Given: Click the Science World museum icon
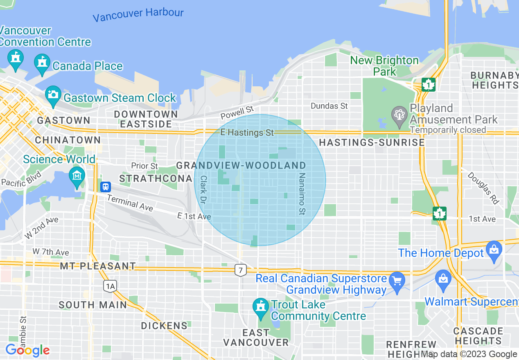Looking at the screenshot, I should [77, 176].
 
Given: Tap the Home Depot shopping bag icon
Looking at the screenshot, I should [494, 250].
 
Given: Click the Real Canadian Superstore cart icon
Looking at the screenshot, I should [397, 281].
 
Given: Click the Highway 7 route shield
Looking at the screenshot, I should [240, 270].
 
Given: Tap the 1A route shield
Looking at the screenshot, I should [110, 286].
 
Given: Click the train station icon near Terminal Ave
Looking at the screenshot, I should [106, 187].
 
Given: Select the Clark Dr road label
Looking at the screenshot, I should [203, 190].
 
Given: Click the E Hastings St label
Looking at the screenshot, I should [247, 133].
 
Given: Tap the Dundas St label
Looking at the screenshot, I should [329, 106].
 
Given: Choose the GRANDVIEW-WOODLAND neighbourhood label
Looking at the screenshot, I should [241, 165].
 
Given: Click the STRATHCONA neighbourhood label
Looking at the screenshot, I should [156, 179].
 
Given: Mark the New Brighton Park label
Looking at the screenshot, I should [385, 66].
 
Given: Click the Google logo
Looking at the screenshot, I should [27, 351].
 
